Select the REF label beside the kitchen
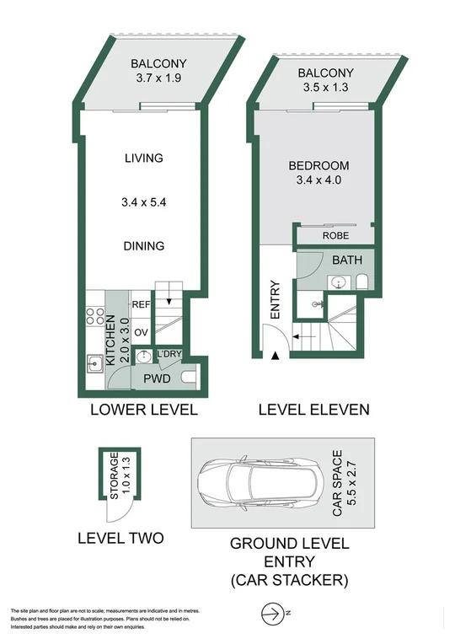click(x=141, y=305)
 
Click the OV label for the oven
click(x=141, y=331)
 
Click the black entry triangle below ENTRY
click(x=275, y=357)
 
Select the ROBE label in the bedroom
click(x=335, y=236)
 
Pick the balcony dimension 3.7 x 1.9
click(x=158, y=78)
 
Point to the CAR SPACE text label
click(x=338, y=484)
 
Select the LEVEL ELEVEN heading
click(x=313, y=411)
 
